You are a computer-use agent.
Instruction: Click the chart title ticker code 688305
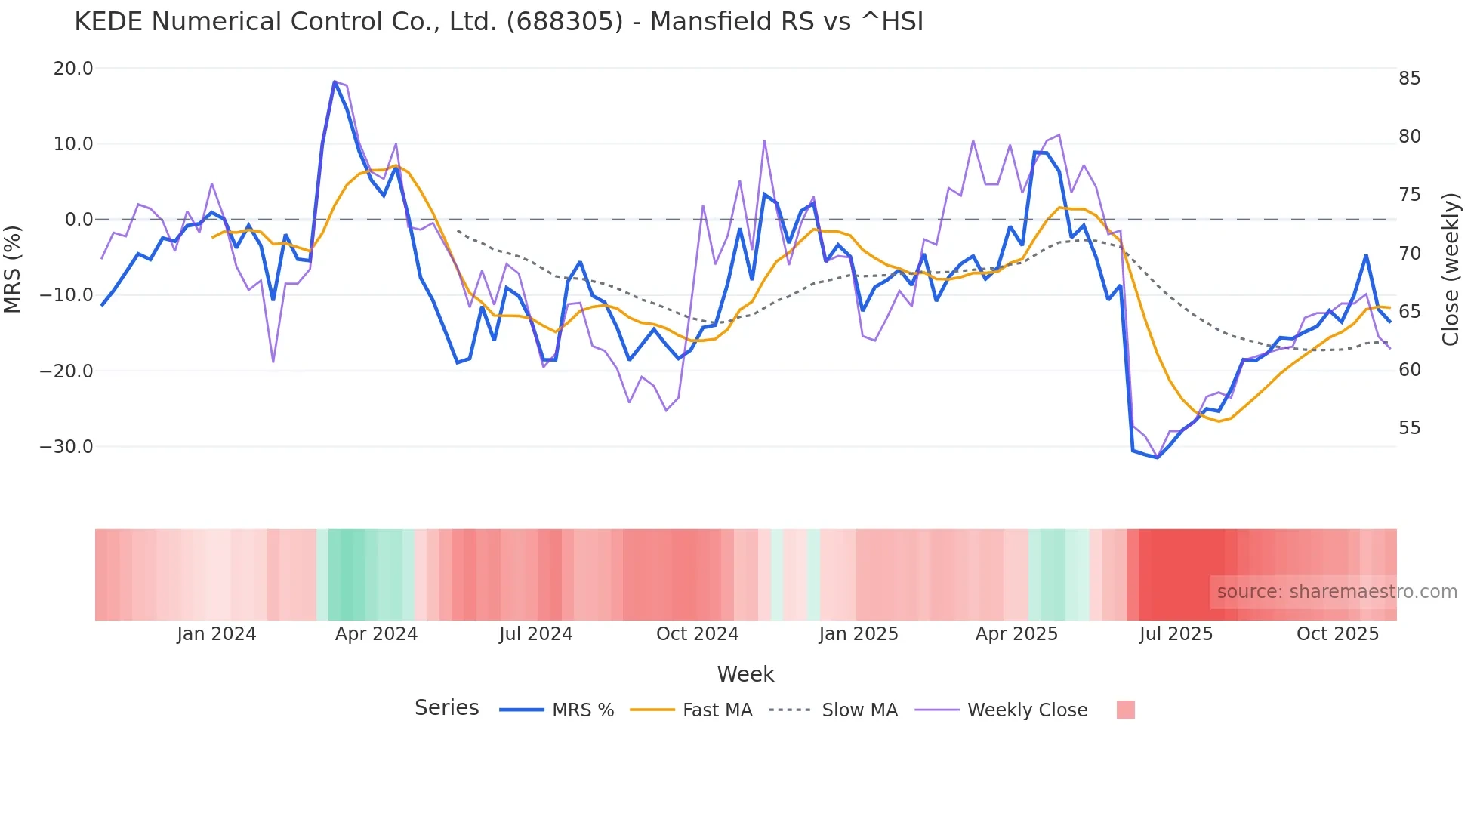coord(565,22)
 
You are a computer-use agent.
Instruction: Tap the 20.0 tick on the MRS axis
coord(73,69)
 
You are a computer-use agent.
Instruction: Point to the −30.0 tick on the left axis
coord(66,447)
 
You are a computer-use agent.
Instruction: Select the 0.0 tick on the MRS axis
coord(79,220)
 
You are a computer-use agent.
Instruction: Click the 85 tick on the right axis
coord(1409,79)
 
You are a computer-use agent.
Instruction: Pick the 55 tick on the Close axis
coord(1409,428)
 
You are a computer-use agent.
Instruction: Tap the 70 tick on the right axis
coord(1409,254)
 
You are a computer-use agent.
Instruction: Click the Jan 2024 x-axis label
coord(217,634)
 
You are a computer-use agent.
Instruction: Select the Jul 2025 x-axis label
coord(1176,634)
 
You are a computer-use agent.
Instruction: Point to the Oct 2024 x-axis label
coord(697,634)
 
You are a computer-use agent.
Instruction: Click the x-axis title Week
coord(745,674)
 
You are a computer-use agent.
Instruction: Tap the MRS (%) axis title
coord(13,269)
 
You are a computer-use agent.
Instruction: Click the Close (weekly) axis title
coord(1450,269)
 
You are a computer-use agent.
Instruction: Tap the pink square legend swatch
coord(1125,710)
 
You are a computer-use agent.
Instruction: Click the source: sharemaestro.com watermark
coord(1337,592)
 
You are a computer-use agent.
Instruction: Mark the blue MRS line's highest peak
coord(335,82)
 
